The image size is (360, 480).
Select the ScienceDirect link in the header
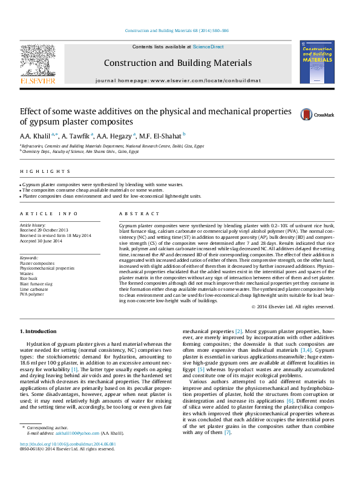point(208,47)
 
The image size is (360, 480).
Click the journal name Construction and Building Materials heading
point(177,63)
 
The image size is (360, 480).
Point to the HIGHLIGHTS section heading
point(36,171)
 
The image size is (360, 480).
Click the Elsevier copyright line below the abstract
point(293,307)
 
